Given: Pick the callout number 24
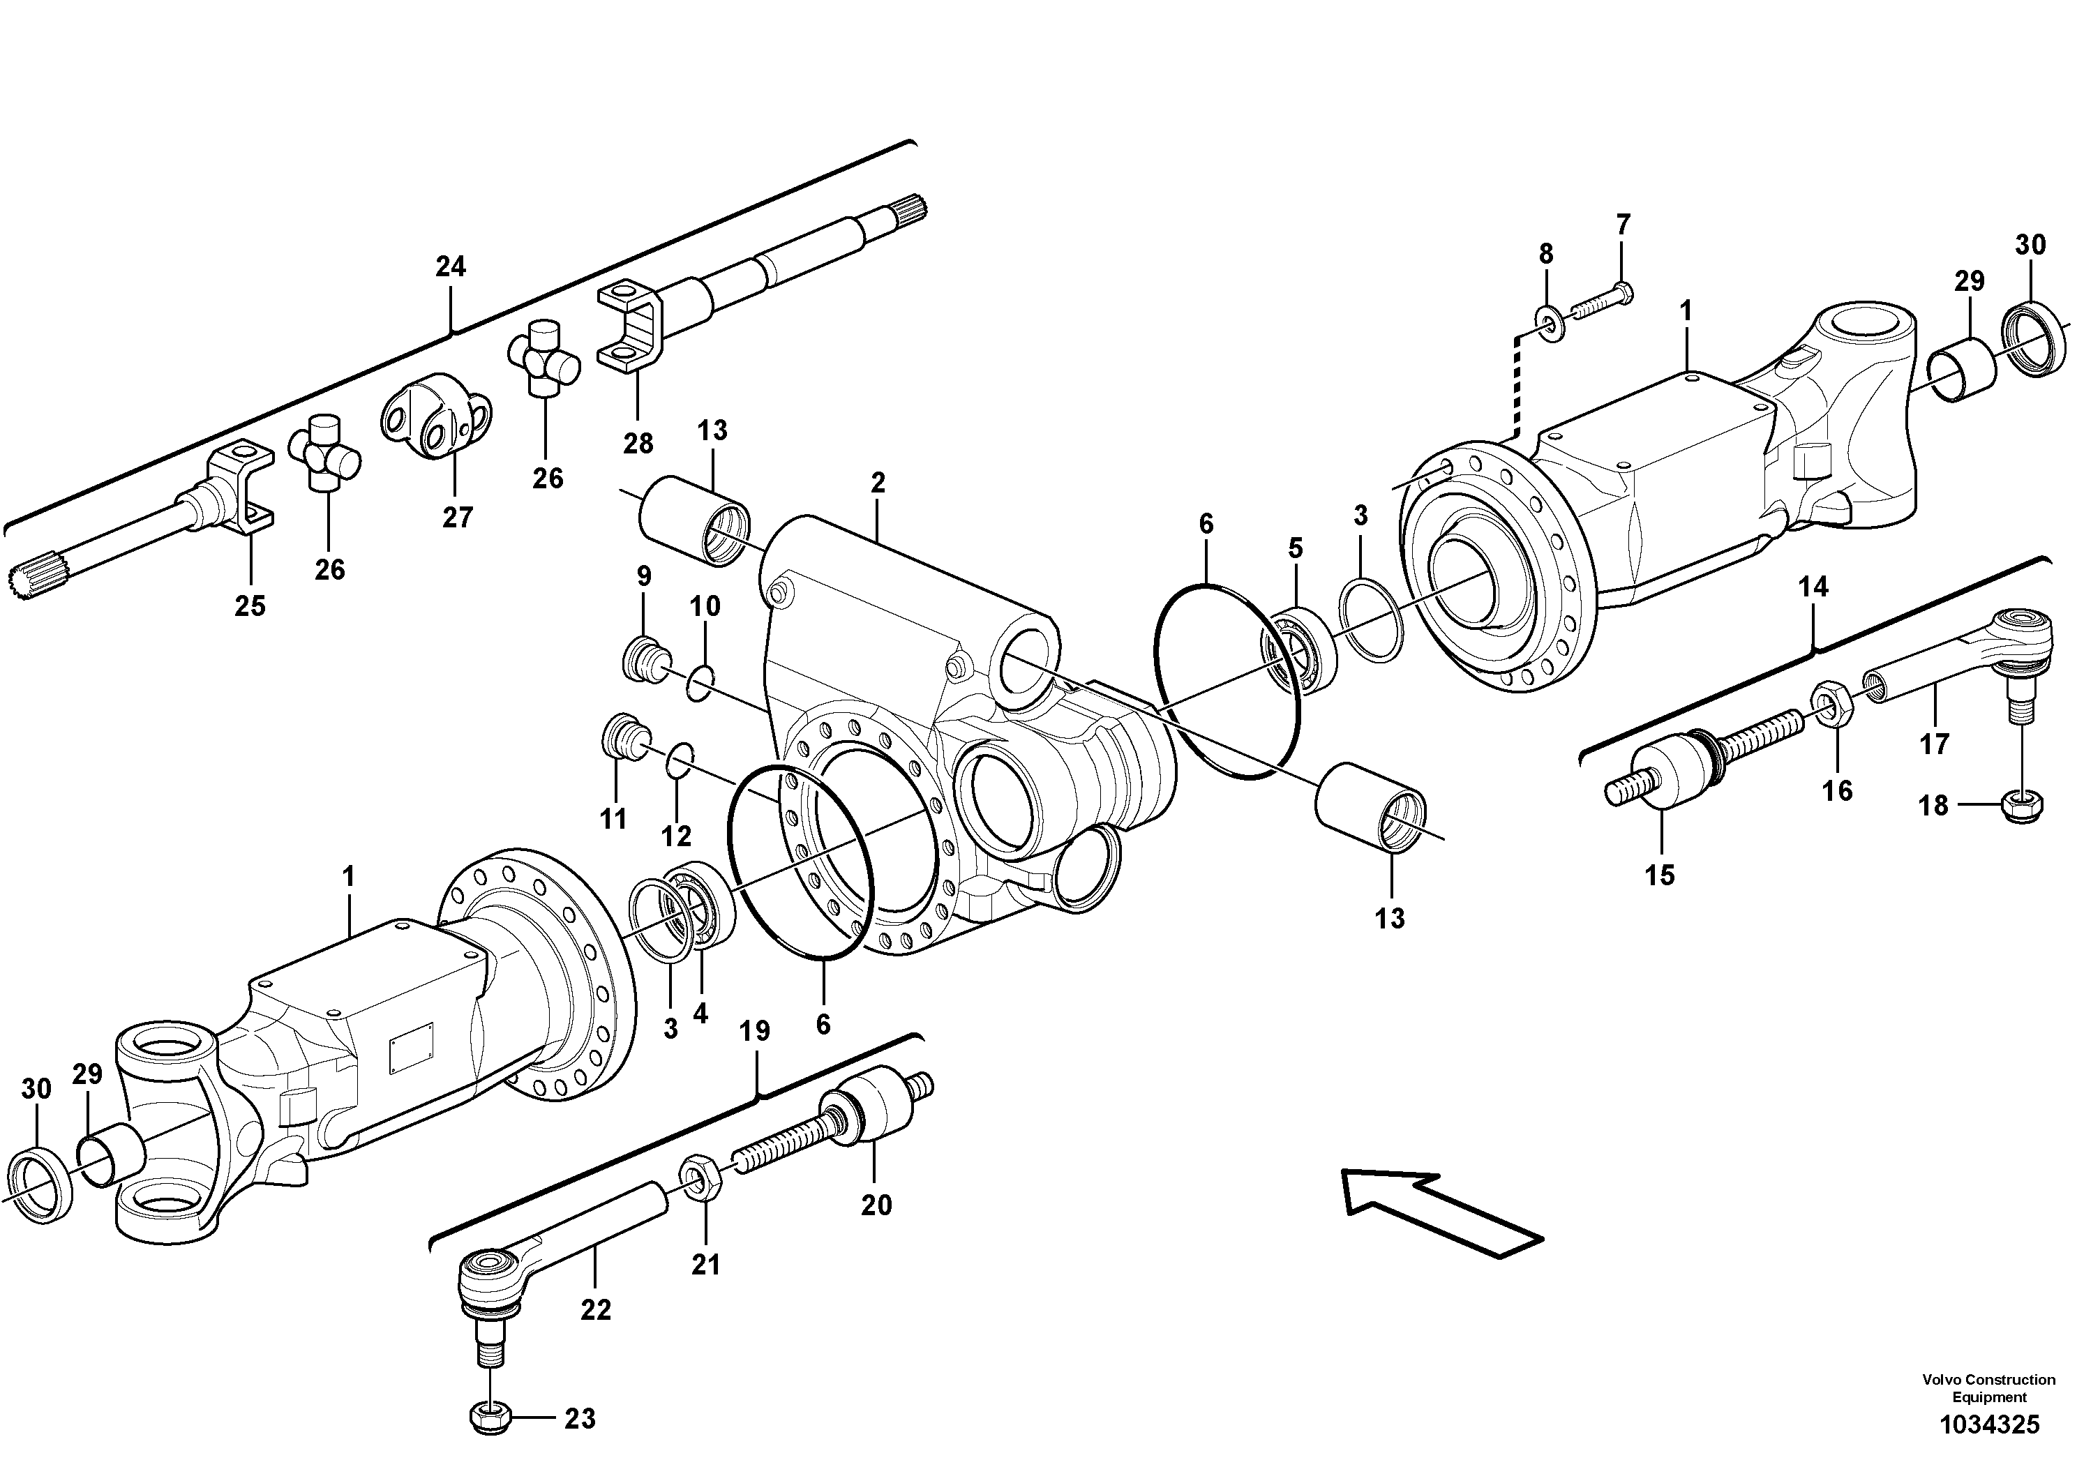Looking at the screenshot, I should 451,266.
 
